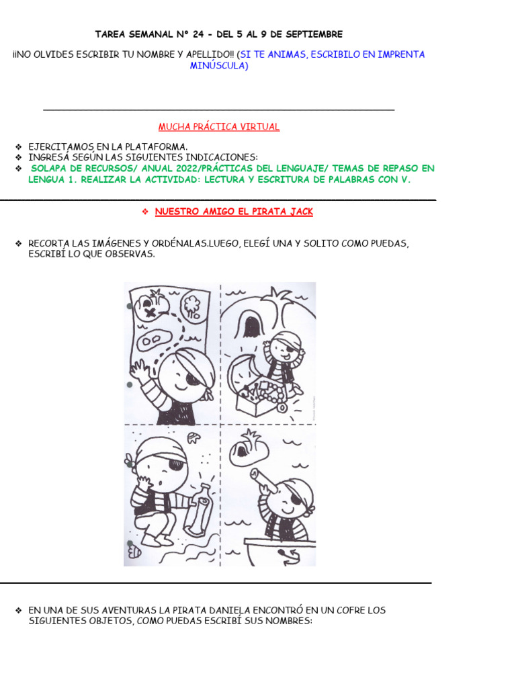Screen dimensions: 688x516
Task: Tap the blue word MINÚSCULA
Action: click(218, 66)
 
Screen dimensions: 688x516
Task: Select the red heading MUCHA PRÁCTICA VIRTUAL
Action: click(219, 126)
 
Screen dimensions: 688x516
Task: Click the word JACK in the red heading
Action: click(300, 212)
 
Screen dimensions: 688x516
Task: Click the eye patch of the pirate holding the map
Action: click(193, 379)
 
